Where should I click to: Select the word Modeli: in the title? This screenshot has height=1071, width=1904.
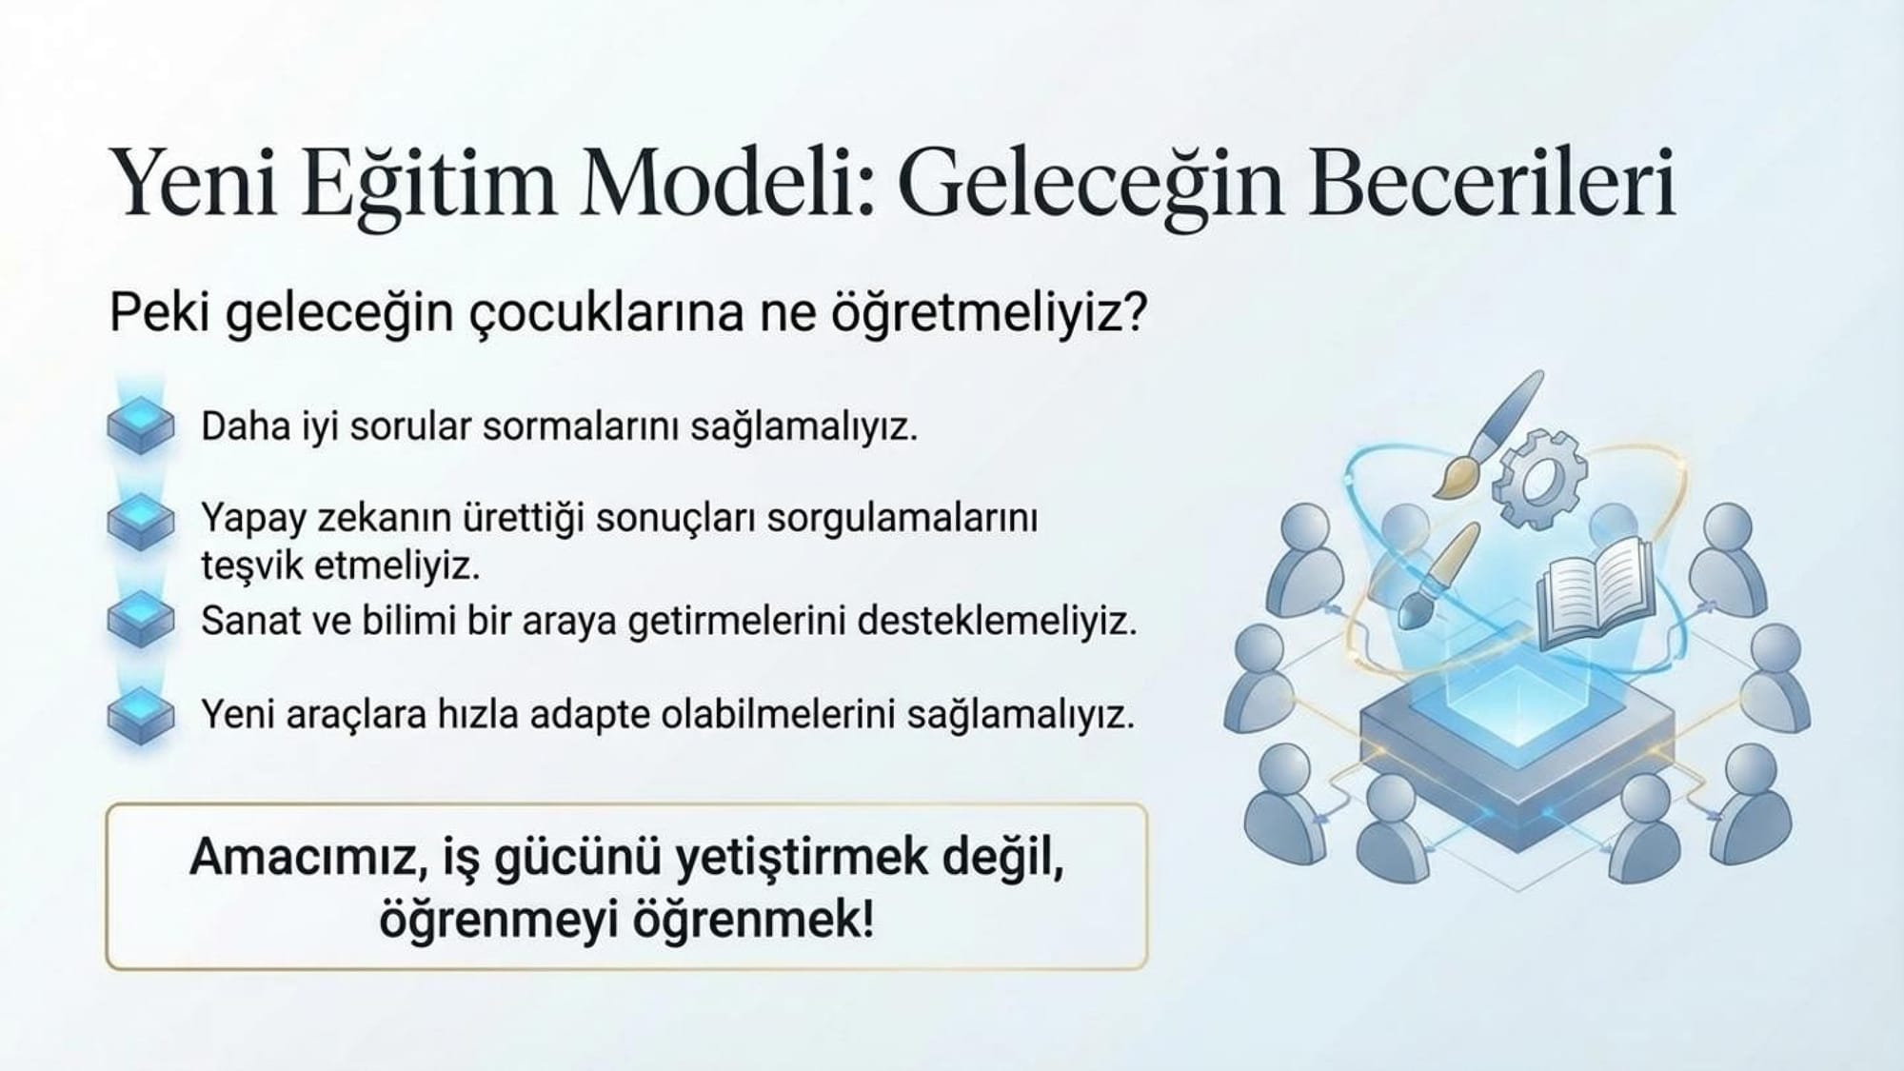click(x=727, y=181)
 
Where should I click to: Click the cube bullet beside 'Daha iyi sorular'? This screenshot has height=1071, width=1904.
click(x=140, y=425)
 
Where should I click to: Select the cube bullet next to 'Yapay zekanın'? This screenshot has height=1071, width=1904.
click(x=140, y=521)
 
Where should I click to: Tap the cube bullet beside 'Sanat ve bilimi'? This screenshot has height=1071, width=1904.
click(x=140, y=618)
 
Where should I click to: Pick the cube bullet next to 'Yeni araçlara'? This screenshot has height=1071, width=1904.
click(x=140, y=714)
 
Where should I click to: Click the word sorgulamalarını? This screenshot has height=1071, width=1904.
click(x=902, y=520)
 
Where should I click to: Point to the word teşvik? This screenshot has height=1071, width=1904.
click(x=251, y=566)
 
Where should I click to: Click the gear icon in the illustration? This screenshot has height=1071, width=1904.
click(x=1538, y=478)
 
